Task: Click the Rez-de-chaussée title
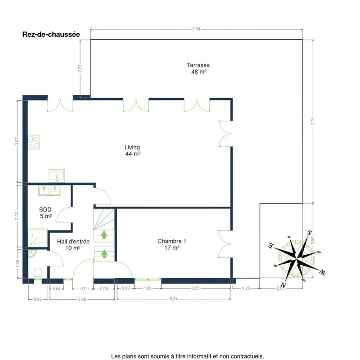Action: (51, 35)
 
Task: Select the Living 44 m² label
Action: (132, 150)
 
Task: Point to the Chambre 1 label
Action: (172, 244)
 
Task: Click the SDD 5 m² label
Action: (45, 212)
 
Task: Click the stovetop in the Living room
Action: (34, 142)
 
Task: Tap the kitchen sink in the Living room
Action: (57, 176)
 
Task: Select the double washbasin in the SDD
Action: (49, 190)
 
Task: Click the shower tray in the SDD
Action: (38, 238)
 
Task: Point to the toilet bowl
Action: (38, 274)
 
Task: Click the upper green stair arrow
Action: (104, 234)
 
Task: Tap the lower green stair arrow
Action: (104, 253)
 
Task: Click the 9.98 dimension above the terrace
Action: (196, 29)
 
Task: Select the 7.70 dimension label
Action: (312, 121)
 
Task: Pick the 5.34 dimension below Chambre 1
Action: (174, 299)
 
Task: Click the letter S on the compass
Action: (310, 233)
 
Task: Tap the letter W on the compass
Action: (322, 273)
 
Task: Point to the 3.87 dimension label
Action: (17, 141)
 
